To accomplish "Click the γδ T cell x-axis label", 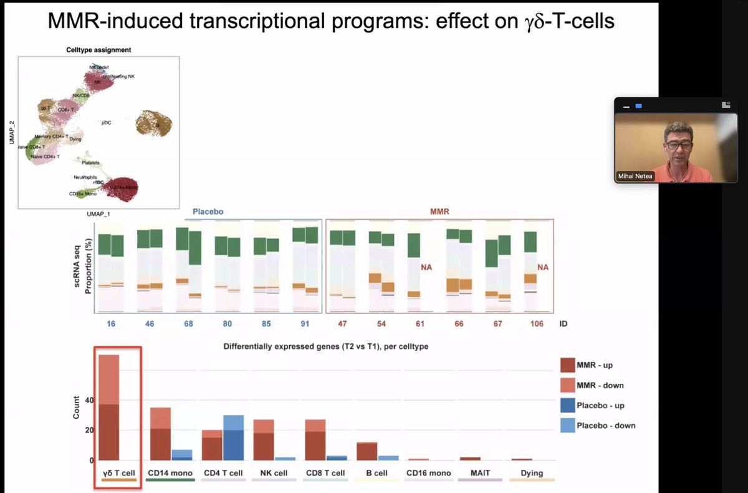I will click(x=118, y=473).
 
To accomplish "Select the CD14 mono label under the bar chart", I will click(x=170, y=473).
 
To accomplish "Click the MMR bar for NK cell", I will click(x=263, y=440).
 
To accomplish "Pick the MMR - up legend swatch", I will click(x=567, y=365).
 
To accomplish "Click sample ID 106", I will click(x=536, y=324).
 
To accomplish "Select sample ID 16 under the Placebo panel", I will click(x=111, y=324).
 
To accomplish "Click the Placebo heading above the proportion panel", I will click(x=208, y=212).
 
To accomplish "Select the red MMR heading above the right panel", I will click(x=439, y=212).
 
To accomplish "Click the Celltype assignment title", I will click(x=98, y=50).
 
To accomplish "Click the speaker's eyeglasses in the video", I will click(x=678, y=145).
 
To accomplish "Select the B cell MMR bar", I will click(x=367, y=451).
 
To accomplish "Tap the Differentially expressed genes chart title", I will click(x=325, y=346).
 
